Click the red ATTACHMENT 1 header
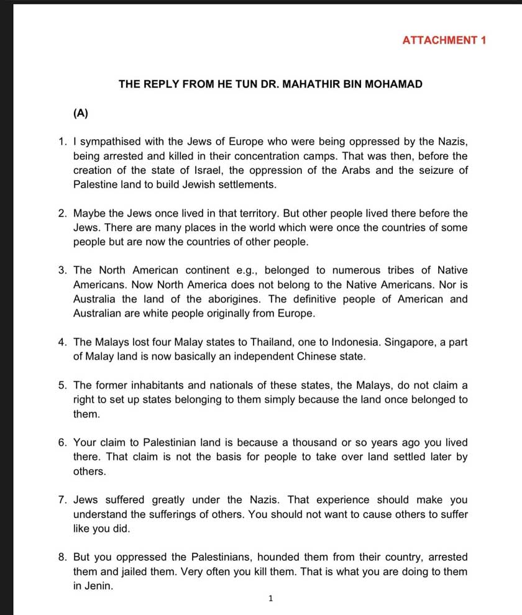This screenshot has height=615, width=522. coord(444,40)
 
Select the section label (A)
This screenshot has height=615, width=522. coord(81,113)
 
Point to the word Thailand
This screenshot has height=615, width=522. coord(278,342)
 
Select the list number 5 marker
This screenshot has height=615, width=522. coord(62,385)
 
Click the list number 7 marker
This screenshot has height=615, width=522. coord(62,499)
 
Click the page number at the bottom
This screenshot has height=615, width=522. coord(270,599)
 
